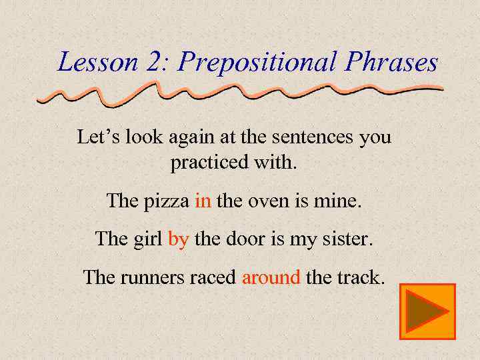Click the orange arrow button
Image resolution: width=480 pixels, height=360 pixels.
[x=427, y=311]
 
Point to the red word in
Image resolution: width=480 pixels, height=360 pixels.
[x=203, y=201]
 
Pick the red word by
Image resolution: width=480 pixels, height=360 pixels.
[x=178, y=239]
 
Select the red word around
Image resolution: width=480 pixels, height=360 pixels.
[x=271, y=277]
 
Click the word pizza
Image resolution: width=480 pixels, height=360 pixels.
[x=167, y=201]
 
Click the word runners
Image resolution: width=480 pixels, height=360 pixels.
[x=152, y=277]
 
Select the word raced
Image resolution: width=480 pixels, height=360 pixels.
[x=213, y=277]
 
